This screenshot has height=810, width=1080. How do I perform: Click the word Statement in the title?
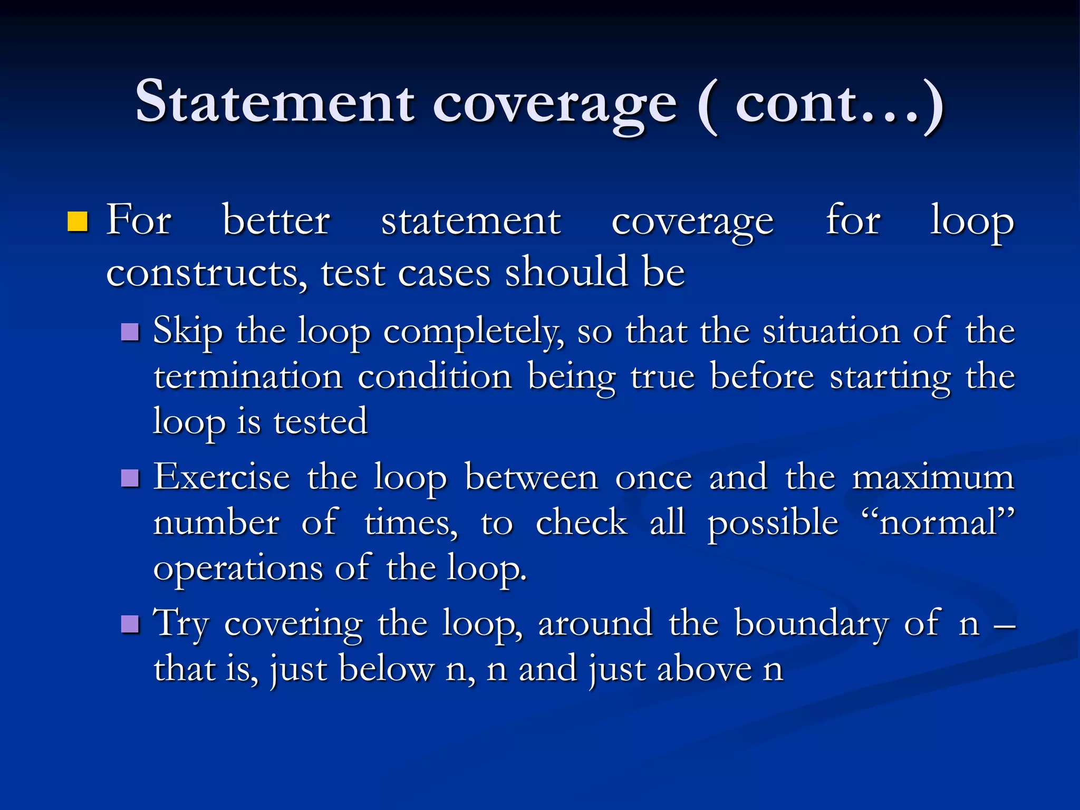(274, 101)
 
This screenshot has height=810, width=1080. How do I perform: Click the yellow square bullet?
(77, 222)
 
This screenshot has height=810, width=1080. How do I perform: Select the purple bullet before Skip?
(130, 332)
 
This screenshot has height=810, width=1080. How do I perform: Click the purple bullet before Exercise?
(130, 478)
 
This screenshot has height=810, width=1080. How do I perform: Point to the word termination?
(248, 377)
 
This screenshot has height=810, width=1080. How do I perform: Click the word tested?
(320, 422)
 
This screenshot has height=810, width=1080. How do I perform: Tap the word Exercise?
(221, 477)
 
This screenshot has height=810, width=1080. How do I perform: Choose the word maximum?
(933, 477)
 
